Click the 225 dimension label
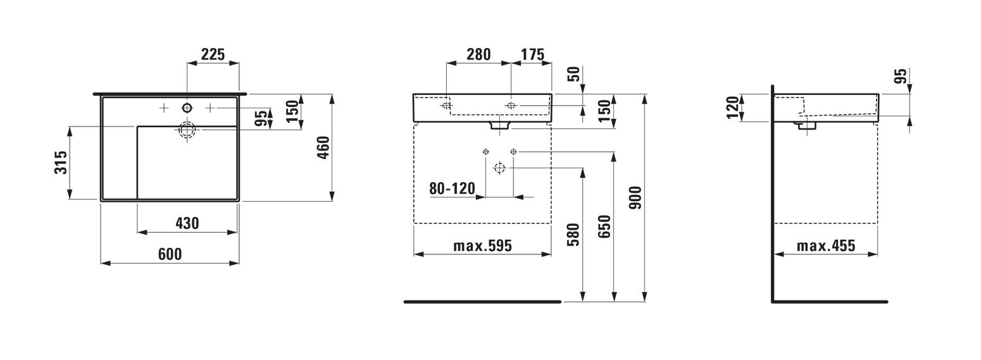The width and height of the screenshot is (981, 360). point(213,54)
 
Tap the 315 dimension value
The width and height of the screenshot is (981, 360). point(61,163)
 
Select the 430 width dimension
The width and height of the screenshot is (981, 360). point(187,223)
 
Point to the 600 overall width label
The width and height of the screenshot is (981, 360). point(170,254)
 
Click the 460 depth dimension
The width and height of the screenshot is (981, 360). point(323,148)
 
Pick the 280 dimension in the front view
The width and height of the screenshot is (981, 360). point(478,54)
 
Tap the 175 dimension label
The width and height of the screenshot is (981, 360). point(532,54)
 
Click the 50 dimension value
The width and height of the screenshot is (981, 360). point(573,73)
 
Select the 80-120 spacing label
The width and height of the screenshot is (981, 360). point(452,189)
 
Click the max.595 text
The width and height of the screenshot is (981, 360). point(482,245)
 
